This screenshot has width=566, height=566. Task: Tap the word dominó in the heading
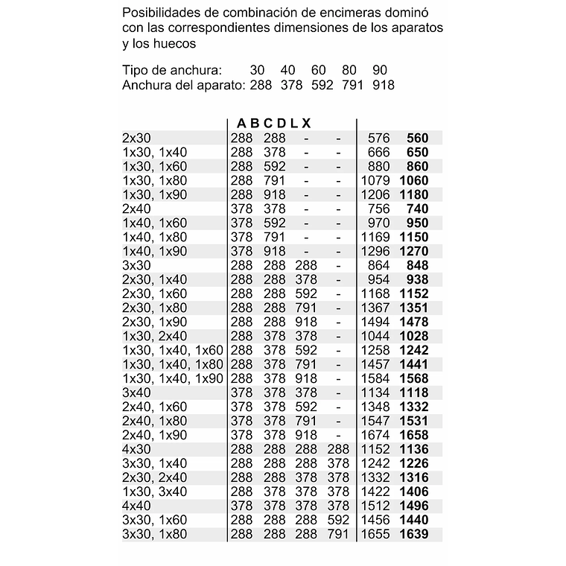[x=416, y=13]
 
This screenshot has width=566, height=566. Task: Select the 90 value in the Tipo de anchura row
[x=380, y=70]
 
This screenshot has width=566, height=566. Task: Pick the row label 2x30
[x=136, y=138]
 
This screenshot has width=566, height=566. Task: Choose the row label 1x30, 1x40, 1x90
[x=172, y=378]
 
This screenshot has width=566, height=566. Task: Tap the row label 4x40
[x=136, y=506]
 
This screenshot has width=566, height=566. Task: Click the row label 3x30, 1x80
[x=154, y=534]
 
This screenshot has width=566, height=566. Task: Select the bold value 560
[x=417, y=138]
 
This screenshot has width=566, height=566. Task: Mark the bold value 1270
[x=414, y=251]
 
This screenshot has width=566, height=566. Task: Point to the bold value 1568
[x=414, y=378]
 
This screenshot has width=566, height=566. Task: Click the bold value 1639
[x=414, y=534]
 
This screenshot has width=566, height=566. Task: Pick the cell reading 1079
[x=375, y=180]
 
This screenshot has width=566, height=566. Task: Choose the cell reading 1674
[x=375, y=435]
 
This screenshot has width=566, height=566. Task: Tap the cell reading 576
[x=379, y=138]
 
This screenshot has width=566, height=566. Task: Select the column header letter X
[x=306, y=123]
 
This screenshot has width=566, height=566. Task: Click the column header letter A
[x=241, y=123]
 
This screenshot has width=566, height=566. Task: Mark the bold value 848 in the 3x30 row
[x=417, y=265]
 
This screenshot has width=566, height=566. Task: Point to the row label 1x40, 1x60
[x=154, y=223]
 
